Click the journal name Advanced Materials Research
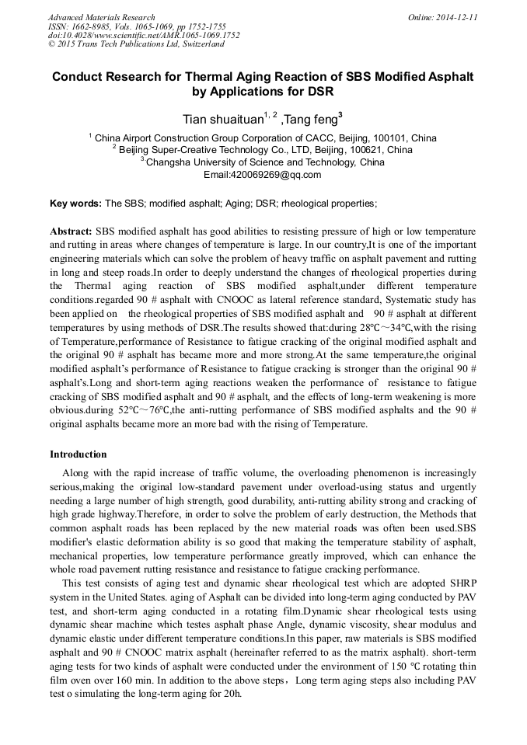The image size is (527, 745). [101, 17]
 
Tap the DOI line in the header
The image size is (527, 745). [144, 35]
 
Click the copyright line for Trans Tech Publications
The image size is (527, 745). [136, 44]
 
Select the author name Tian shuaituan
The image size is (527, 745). [221, 120]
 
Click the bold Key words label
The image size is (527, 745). [75, 203]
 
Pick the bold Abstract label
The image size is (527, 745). [71, 232]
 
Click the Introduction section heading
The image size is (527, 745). [79, 454]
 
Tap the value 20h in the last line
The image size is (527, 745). [230, 693]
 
